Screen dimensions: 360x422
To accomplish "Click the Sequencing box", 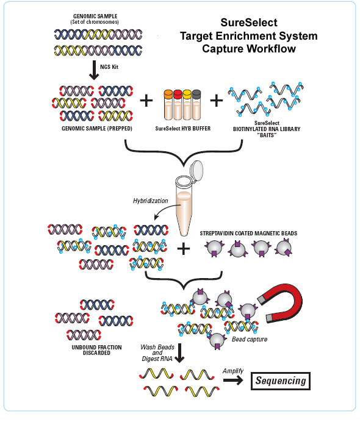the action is click(280, 381).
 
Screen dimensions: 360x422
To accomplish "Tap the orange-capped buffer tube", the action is click(168, 105).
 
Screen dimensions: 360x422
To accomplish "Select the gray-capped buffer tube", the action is click(196, 105).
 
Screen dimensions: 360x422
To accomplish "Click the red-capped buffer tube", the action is click(178, 105).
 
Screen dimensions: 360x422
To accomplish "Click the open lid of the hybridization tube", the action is click(196, 169).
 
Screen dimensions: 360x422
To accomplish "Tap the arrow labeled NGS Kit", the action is click(94, 70).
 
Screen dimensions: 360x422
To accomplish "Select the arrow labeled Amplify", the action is click(233, 380).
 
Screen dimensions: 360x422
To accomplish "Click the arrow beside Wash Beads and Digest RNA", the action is click(179, 353).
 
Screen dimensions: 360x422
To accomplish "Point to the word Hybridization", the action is click(150, 201).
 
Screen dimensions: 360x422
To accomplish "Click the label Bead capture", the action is click(250, 340).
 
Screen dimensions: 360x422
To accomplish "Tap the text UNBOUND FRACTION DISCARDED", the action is click(96, 350).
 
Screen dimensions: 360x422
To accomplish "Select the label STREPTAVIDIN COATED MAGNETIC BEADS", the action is click(248, 234).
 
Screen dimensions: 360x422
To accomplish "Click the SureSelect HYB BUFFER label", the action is click(183, 129).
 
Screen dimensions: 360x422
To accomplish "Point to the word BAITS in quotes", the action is click(267, 135).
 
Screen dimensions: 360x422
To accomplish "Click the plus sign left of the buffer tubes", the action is click(146, 101).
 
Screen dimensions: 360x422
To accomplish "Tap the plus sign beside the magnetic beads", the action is click(184, 248).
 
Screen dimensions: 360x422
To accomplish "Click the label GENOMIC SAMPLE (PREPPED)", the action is click(97, 129).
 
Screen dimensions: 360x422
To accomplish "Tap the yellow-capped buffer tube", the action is click(187, 105).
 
